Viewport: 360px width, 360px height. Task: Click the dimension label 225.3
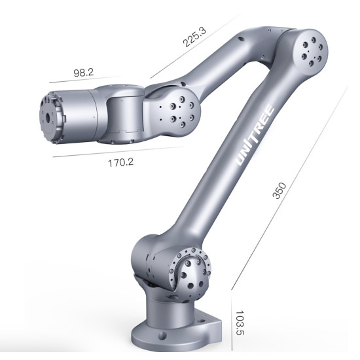(x=194, y=37)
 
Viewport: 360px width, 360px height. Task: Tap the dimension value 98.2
(x=84, y=73)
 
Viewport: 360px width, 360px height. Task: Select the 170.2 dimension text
(x=121, y=163)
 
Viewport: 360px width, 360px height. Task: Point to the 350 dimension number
(x=279, y=190)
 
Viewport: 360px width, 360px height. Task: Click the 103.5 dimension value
(x=240, y=323)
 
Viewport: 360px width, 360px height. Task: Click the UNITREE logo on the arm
(x=255, y=135)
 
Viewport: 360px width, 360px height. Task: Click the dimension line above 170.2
(x=118, y=152)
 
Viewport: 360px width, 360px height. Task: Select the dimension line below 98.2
(x=85, y=79)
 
